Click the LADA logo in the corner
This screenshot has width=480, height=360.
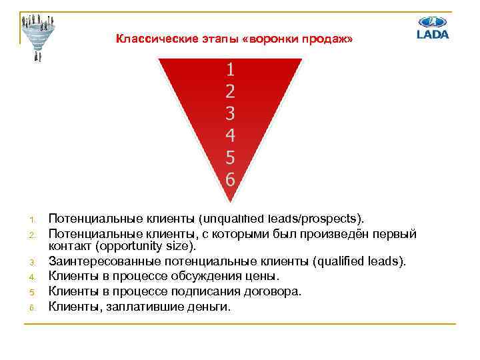[433, 27]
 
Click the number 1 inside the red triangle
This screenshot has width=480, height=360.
[230, 68]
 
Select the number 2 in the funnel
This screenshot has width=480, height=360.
[230, 91]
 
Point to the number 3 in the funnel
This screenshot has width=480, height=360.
[230, 113]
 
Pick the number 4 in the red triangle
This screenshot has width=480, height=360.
[230, 135]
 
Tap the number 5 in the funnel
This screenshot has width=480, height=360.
[230, 157]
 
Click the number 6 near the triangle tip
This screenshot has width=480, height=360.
[230, 179]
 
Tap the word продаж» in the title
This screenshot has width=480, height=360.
[326, 39]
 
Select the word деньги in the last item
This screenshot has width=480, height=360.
[207, 307]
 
